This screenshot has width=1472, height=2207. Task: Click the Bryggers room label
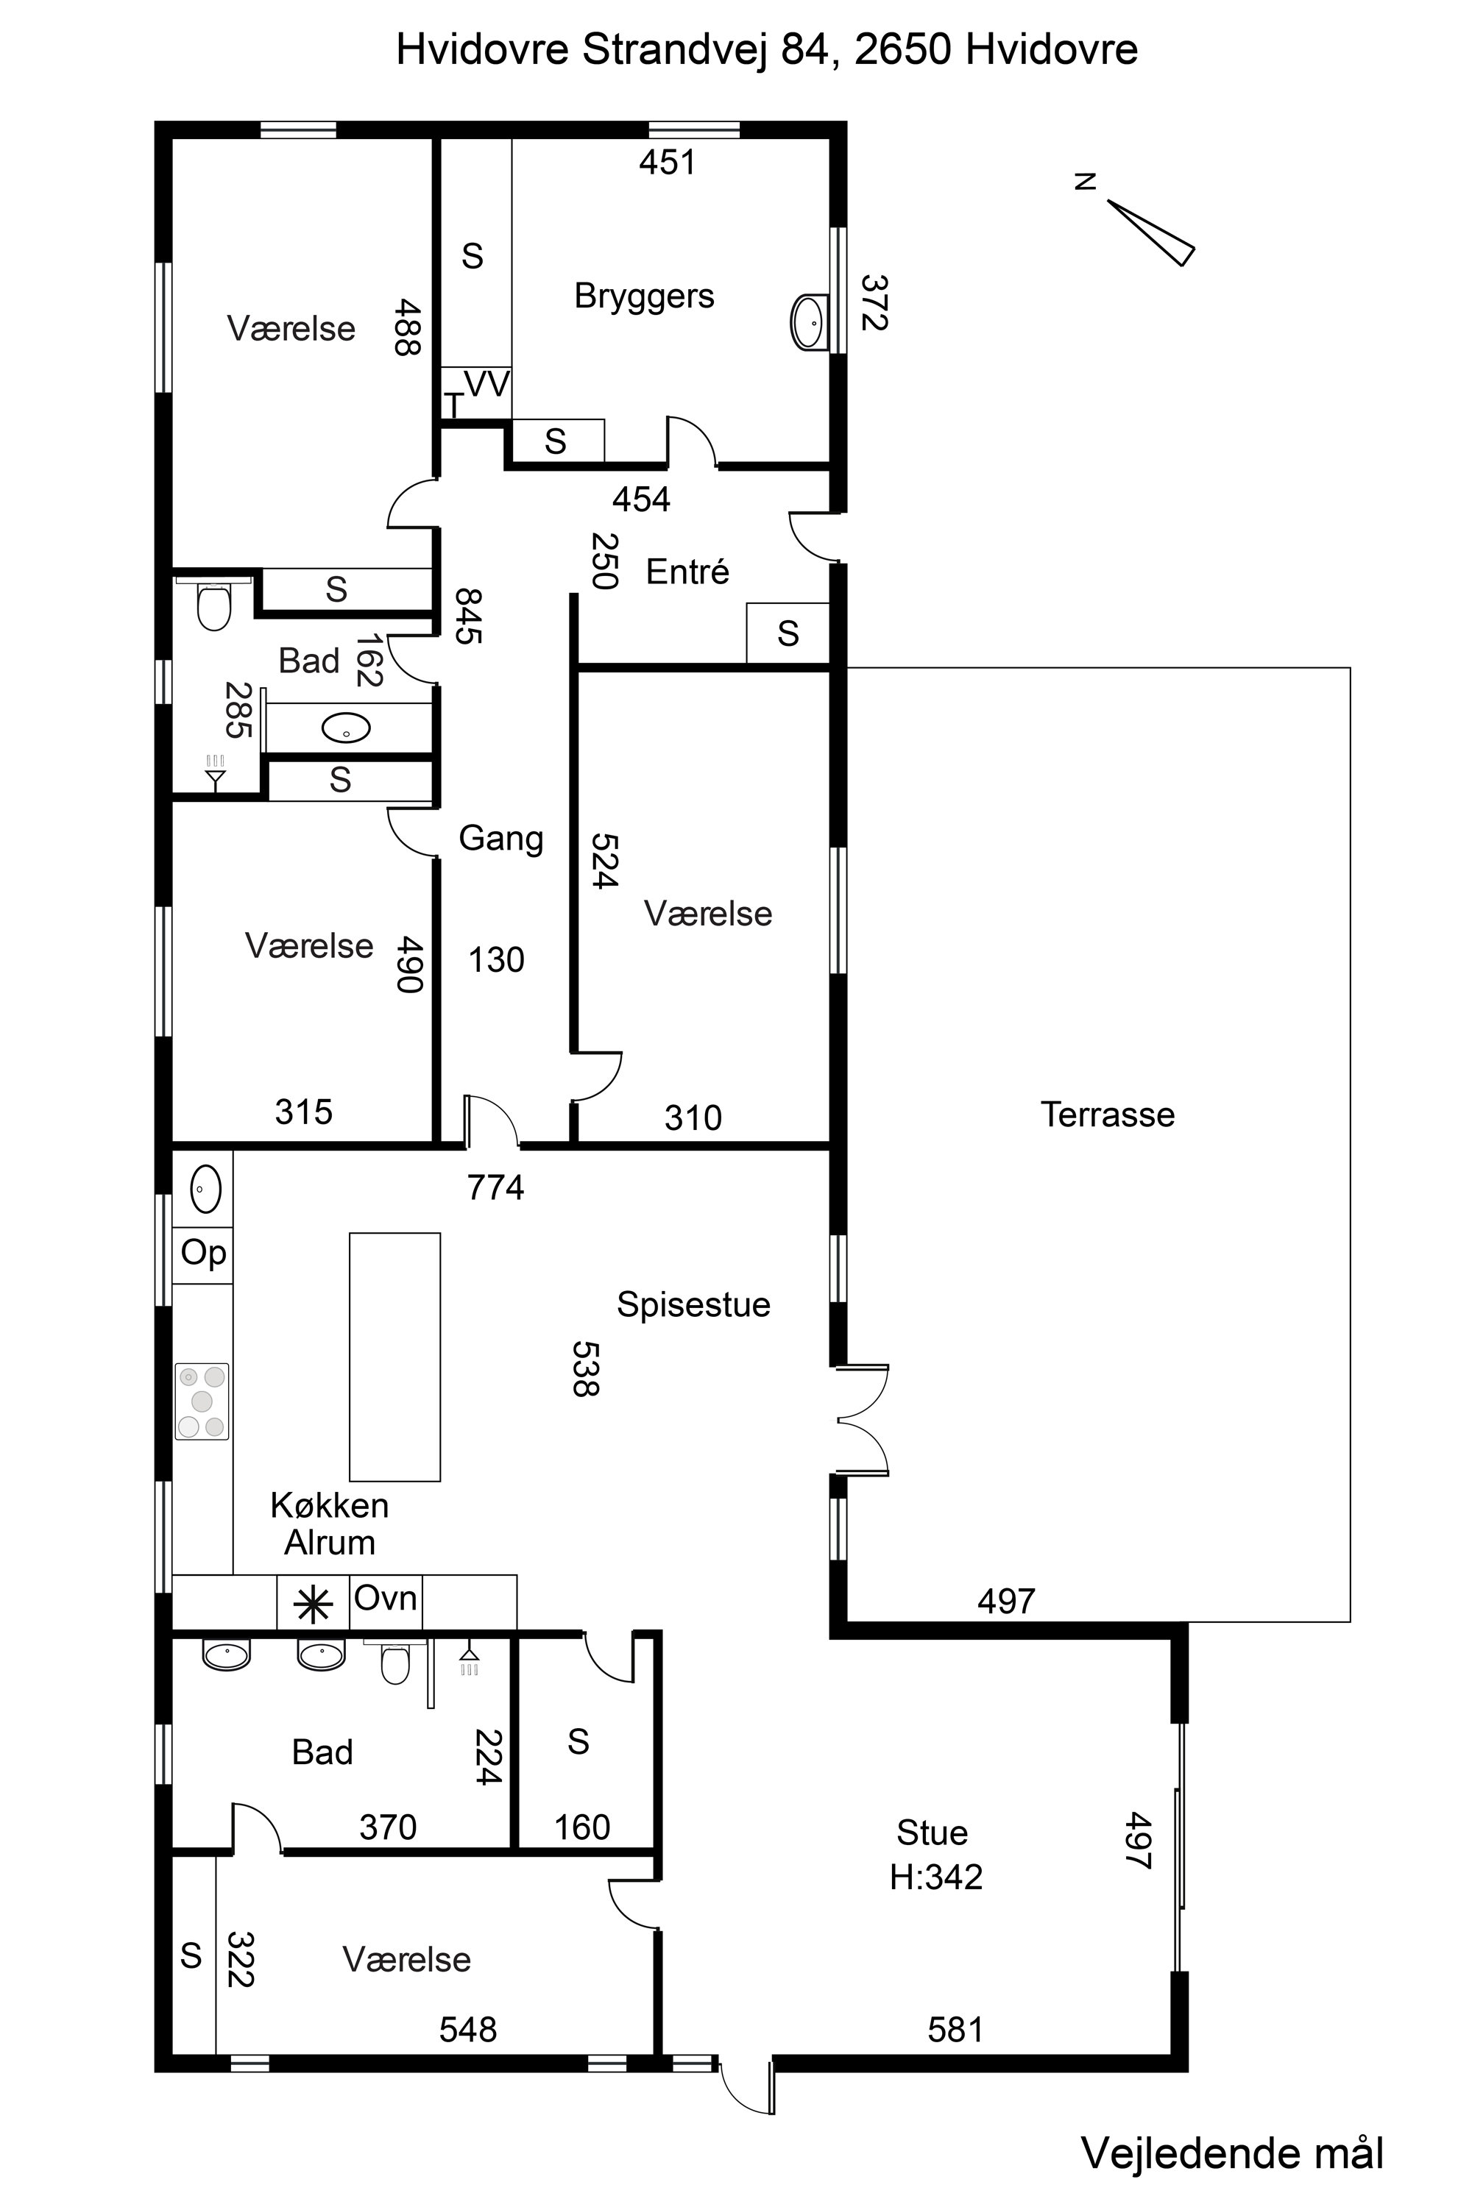tap(644, 297)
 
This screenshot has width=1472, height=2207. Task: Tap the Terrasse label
tap(1108, 1115)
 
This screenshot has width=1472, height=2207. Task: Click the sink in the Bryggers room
tap(809, 322)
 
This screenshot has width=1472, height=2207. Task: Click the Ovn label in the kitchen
tap(386, 1598)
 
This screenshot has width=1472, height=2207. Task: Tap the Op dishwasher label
tap(204, 1254)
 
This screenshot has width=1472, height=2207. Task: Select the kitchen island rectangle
tap(395, 1357)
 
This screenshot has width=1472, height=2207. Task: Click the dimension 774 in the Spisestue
tap(495, 1188)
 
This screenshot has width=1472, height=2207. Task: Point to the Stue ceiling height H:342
tap(936, 1877)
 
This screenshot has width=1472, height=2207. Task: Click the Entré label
tap(687, 572)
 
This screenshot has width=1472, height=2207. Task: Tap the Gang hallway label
tap(501, 838)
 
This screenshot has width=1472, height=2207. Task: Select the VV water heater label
tap(487, 384)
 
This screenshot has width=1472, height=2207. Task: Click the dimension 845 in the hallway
tap(467, 616)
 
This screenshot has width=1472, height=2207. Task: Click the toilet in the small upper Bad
tap(215, 603)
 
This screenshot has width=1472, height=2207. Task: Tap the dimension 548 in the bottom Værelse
tap(468, 2030)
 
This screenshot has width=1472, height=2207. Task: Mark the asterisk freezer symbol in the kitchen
tap(313, 1605)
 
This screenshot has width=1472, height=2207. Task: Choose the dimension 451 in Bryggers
tap(668, 163)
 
